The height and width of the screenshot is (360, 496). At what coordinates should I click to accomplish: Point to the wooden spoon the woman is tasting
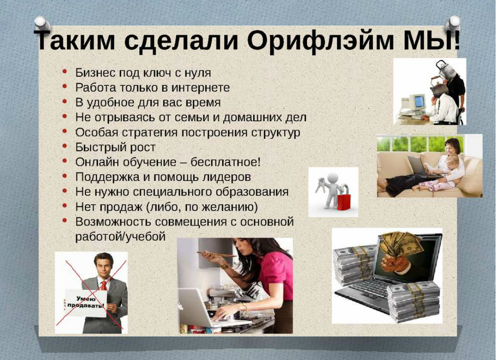tap(215, 254)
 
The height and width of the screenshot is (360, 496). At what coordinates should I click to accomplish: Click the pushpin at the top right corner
tap(454, 22)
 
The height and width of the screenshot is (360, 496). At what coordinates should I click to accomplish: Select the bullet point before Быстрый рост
tap(66, 146)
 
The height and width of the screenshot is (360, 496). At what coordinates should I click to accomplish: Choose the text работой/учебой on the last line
tap(120, 236)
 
